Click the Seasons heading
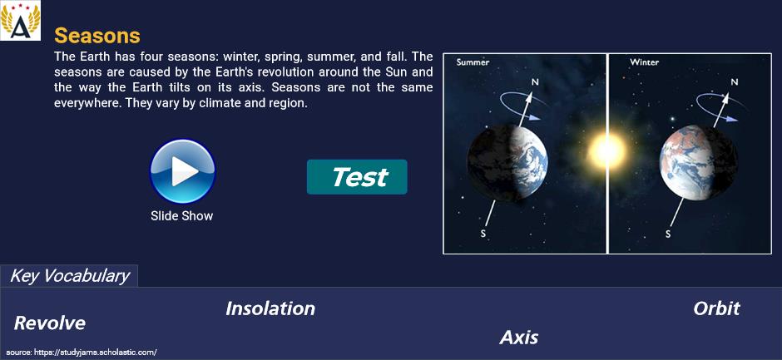coord(97,36)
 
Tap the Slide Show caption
coord(182,216)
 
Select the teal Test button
coord(357,177)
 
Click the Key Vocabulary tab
coord(69,276)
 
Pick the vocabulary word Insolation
coord(270,308)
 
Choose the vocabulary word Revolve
coord(50,323)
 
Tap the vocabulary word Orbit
coord(716,308)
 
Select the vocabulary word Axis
coord(518,338)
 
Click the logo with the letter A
coord(21,21)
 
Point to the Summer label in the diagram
coord(473,62)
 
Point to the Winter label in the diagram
coord(645,62)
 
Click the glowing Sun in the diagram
coord(606,150)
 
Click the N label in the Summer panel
coord(535,81)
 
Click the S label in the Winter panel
coord(668,234)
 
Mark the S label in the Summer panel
coord(483,234)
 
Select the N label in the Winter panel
coord(733,81)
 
